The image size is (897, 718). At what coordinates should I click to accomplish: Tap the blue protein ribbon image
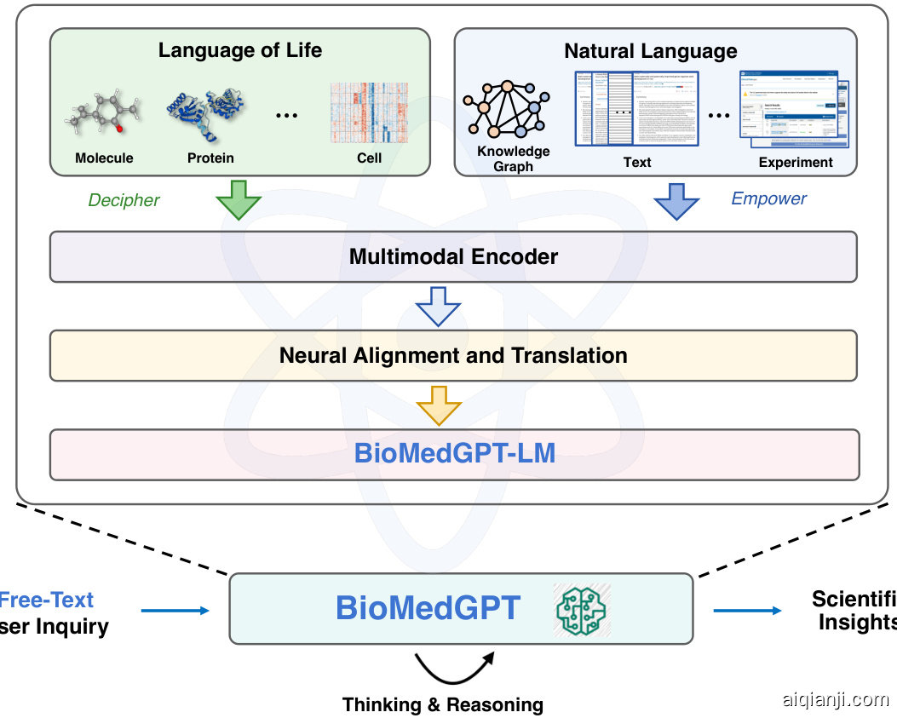pos(207,112)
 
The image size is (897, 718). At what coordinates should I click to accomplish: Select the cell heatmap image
pos(368,112)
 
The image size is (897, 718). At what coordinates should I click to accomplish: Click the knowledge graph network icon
pos(506,108)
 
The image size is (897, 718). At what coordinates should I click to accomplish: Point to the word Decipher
pos(124,200)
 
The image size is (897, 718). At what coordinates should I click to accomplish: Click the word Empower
pos(768,198)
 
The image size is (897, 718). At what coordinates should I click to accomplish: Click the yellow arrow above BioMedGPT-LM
pos(438,405)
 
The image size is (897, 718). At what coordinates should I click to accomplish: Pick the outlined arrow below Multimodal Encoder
pos(438,306)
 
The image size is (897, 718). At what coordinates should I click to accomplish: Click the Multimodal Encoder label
pos(453,256)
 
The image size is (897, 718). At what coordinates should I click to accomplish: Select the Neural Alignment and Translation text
pos(453,355)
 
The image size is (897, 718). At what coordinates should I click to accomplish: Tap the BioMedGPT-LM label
pos(455,453)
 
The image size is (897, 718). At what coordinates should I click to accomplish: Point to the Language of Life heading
pos(240,50)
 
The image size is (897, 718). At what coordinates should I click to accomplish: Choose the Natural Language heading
pos(651,51)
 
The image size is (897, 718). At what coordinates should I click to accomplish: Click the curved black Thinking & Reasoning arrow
pos(454,669)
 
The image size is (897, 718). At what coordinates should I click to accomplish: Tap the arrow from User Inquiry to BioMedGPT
pos(175,610)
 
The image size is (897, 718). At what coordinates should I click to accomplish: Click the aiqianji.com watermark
pos(835,699)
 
